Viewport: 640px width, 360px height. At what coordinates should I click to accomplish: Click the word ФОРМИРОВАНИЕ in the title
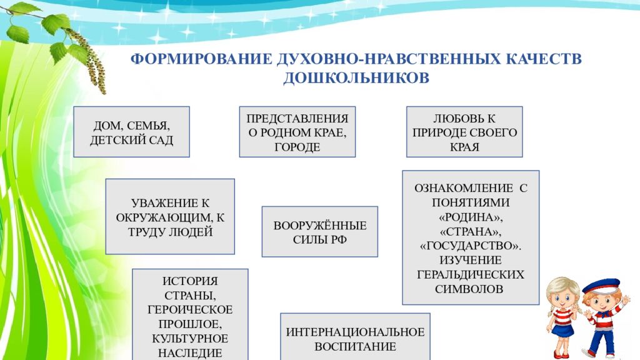(201, 59)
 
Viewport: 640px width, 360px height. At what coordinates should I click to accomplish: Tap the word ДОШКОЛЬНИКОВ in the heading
(356, 77)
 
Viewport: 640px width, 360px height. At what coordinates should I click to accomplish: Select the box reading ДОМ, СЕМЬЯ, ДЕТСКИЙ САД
(131, 132)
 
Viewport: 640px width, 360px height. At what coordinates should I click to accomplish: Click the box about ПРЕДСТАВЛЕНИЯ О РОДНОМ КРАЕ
(297, 132)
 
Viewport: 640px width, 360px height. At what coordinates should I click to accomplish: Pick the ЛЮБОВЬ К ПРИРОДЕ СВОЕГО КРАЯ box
(464, 132)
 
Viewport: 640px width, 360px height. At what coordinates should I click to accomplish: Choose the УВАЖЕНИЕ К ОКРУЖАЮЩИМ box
(170, 216)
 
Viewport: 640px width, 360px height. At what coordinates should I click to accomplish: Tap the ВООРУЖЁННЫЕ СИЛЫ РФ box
(319, 231)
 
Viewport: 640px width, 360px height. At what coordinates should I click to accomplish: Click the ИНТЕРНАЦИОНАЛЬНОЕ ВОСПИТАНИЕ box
(355, 337)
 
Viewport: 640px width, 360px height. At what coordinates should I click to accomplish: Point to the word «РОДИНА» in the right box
(470, 217)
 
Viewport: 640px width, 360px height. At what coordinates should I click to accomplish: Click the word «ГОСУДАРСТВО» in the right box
(470, 246)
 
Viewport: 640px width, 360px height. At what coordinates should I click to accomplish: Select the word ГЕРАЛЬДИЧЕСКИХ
(470, 274)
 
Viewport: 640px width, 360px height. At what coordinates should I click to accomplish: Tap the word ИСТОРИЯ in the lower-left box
(190, 281)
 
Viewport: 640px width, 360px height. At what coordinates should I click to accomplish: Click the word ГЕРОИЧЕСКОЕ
(190, 309)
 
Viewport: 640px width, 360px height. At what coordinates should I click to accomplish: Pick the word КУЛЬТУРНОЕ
(190, 338)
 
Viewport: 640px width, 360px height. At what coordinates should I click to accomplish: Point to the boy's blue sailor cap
(601, 285)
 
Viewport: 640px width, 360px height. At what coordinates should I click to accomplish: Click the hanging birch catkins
(90, 61)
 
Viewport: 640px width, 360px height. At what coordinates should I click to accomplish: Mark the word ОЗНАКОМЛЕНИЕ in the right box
(464, 188)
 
